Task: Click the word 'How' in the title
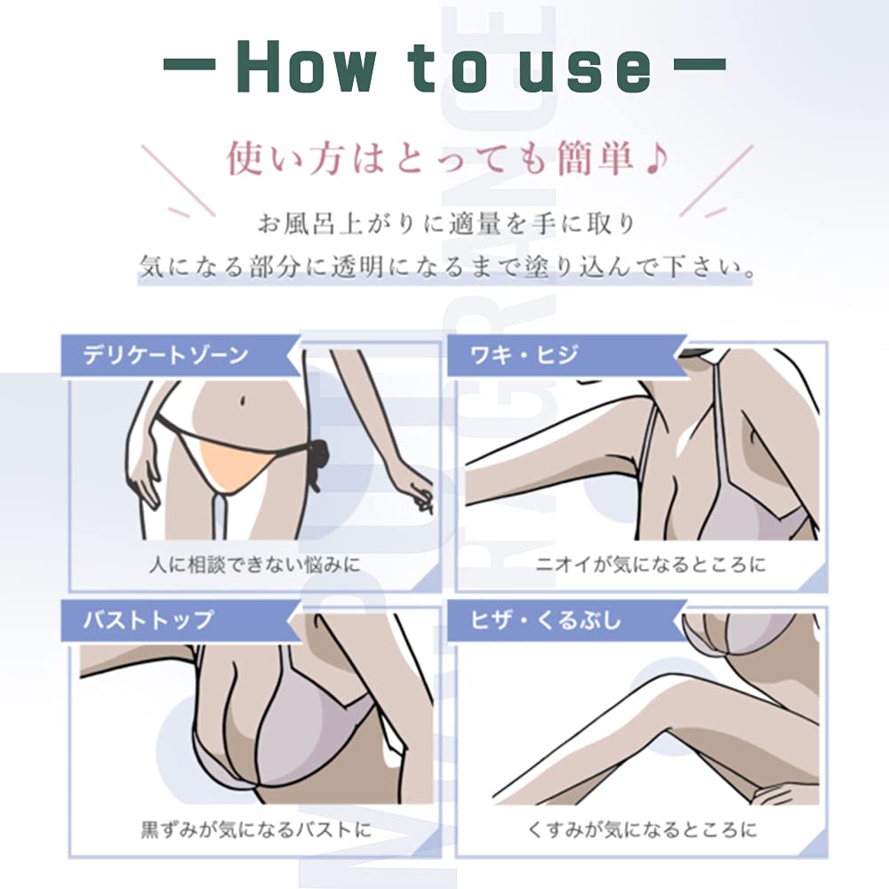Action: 306,67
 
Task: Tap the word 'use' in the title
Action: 585,71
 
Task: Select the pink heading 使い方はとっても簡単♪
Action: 448,158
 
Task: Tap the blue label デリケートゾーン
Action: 165,356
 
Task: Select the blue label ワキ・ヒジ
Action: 524,356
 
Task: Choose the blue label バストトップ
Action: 148,620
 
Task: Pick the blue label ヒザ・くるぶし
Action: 546,620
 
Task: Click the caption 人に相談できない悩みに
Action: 255,565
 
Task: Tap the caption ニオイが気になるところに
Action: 651,565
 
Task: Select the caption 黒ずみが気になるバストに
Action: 256,830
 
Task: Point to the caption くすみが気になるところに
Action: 643,830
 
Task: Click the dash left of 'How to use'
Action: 188,63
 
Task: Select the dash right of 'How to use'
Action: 700,63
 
